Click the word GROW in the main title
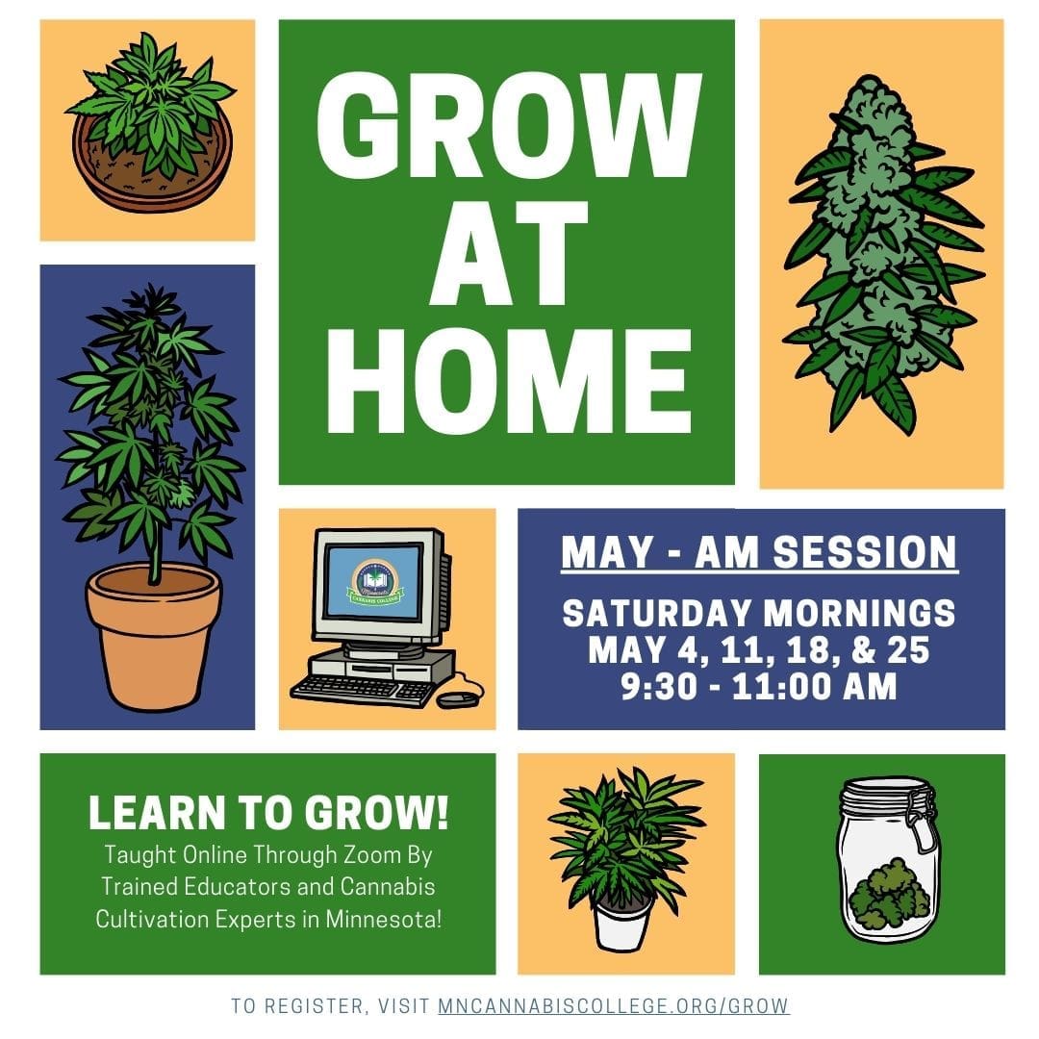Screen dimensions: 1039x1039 click(509, 125)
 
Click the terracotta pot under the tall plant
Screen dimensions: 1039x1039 click(154, 636)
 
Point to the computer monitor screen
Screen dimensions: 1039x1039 click(374, 581)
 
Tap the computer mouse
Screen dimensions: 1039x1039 click(457, 698)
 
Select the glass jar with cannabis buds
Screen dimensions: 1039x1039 click(888, 859)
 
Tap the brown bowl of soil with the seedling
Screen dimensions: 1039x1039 click(152, 165)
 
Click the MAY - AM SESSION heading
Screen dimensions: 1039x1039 click(759, 552)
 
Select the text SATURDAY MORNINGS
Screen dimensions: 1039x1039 click(759, 613)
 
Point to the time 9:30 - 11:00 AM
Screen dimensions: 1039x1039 click(759, 686)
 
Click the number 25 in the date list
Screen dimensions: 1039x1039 click(908, 649)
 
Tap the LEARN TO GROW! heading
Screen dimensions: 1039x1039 click(268, 812)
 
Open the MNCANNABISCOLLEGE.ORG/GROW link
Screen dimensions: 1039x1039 click(614, 1005)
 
